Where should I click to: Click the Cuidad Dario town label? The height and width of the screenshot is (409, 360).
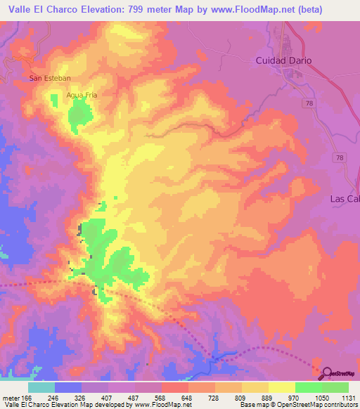282,60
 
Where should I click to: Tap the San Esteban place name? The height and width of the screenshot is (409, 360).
50,78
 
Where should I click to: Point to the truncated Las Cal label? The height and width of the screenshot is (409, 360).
345,199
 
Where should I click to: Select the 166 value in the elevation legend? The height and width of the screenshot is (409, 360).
27,396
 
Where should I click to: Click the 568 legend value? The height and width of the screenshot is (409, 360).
160,396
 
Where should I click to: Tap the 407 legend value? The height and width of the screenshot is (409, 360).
108,396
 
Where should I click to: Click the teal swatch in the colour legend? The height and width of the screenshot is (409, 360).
41,387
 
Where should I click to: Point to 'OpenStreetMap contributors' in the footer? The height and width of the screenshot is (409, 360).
320,405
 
